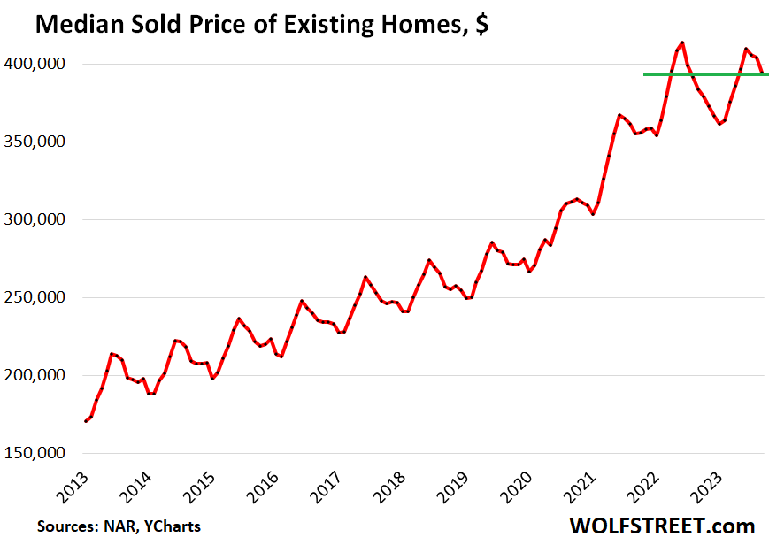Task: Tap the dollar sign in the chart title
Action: point(481,26)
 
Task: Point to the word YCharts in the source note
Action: point(170,526)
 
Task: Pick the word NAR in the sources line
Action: point(113,526)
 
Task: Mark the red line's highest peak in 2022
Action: point(681,42)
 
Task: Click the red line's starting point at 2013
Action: point(86,421)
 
